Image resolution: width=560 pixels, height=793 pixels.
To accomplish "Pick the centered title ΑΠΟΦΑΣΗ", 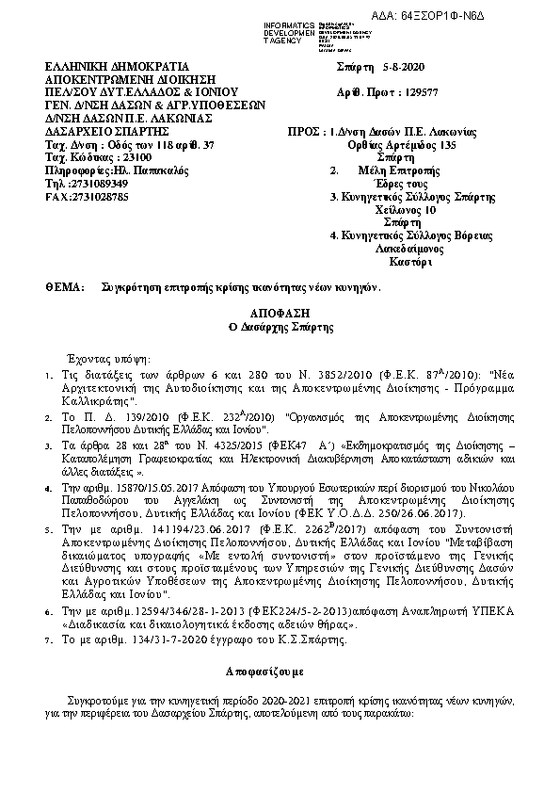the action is click(x=279, y=313).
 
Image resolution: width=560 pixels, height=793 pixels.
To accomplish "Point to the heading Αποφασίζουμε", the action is click(x=279, y=673).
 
